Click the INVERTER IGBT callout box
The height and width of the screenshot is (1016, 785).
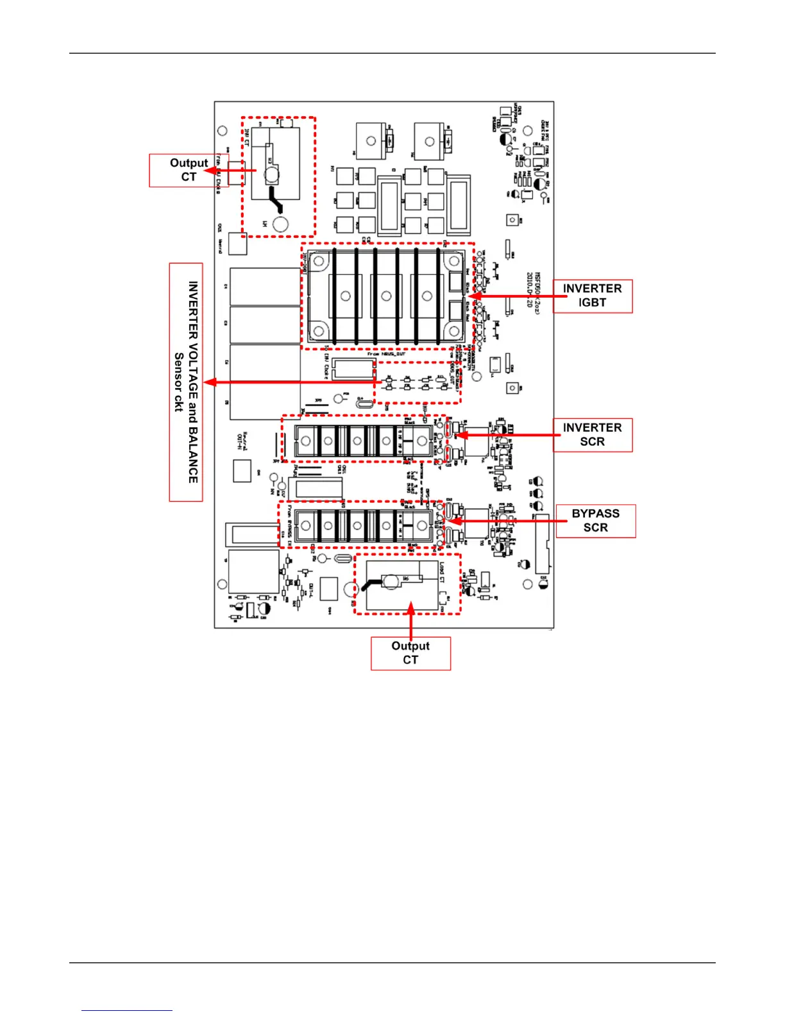pos(592,296)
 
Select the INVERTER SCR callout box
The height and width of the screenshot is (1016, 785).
pos(592,435)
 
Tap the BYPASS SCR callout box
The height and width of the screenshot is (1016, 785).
pos(595,521)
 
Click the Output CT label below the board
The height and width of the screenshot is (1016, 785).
pos(410,653)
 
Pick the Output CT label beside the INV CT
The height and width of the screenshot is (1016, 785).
pos(189,170)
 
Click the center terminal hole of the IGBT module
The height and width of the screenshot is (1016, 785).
pos(385,296)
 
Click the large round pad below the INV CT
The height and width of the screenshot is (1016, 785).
pos(281,224)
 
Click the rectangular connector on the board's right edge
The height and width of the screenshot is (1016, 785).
pos(542,543)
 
